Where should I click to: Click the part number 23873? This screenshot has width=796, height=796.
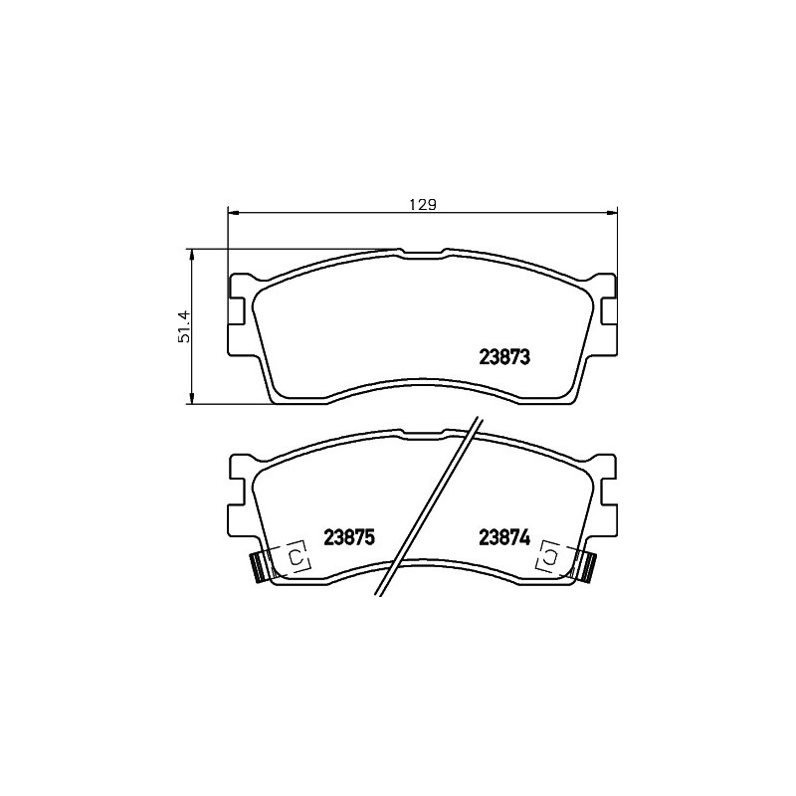click(x=504, y=357)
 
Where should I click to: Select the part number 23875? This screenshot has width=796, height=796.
click(x=349, y=537)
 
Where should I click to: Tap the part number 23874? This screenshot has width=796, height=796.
click(x=504, y=537)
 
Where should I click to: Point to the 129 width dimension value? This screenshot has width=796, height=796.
click(x=423, y=205)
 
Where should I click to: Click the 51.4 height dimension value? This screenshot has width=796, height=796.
click(x=184, y=326)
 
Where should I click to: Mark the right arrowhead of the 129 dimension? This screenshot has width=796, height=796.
click(x=610, y=213)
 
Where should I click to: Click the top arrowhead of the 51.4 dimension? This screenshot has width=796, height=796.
click(x=191, y=256)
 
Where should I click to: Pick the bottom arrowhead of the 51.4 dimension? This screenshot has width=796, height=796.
click(x=191, y=398)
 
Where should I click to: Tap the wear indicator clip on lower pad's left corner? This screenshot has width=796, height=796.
click(x=259, y=567)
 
